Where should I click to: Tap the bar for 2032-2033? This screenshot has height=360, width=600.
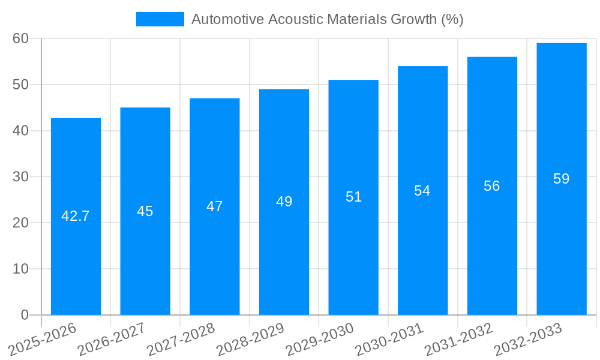coord(562,240)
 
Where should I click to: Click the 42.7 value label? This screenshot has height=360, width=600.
coord(76,216)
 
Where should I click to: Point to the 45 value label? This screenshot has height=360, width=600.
coord(145,211)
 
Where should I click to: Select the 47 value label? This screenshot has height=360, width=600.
coord(215,206)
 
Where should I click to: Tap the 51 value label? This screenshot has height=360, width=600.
coord(353,197)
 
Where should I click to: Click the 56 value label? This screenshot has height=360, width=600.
coord(492,186)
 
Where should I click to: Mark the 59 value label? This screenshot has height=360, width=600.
coord(562,179)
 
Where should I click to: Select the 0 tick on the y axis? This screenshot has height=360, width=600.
coord(25,315)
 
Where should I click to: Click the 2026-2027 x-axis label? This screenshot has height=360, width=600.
coord(112,339)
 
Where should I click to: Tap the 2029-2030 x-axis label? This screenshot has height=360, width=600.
coord(320,339)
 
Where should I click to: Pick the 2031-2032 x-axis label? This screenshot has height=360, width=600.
coord(459,339)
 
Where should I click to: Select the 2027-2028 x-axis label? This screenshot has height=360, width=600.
coord(181,339)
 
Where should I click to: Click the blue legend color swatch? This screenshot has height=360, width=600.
coord(160,19)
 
